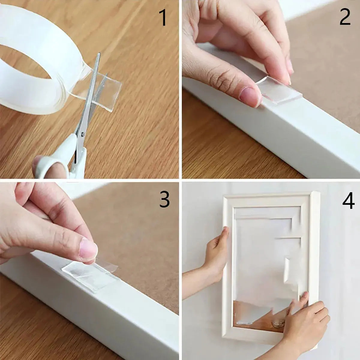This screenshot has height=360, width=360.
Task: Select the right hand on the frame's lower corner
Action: pyautogui.click(x=303, y=324)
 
